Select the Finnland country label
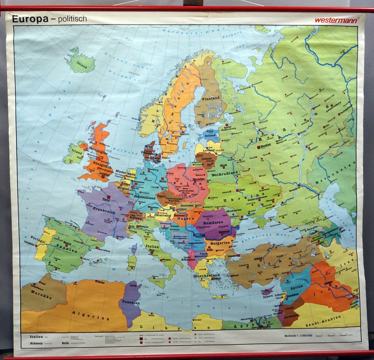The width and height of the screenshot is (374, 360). click(211, 98)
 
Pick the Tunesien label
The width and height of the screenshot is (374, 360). click(130, 302)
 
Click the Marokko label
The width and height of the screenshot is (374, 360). click(41, 294)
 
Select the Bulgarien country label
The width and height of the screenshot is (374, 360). click(220, 243)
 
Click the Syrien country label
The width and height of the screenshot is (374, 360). click(296, 287)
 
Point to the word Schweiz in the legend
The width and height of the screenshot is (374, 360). click(36, 343)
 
